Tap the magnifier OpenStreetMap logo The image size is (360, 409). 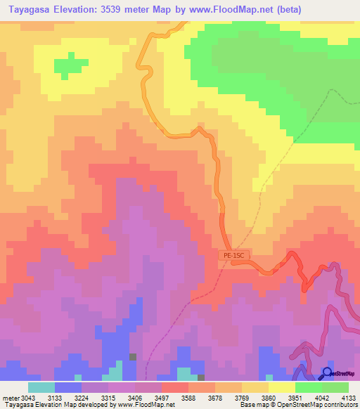(x=327, y=373)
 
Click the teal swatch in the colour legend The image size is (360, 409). (x=41, y=387)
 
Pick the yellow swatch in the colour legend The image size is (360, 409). (x=281, y=387)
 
